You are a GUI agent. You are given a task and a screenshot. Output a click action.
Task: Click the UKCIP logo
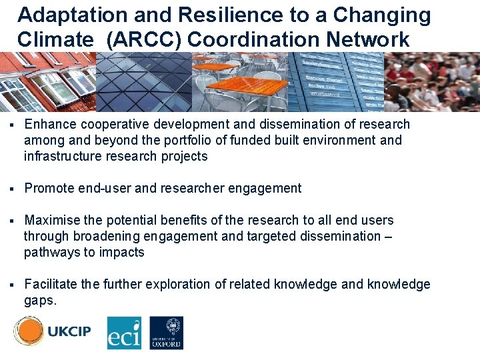click(53, 331)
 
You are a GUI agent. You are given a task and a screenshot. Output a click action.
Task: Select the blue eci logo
click(124, 333)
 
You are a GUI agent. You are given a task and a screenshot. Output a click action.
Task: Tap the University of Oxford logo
click(166, 333)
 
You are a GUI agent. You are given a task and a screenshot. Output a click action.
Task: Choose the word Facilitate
click(51, 285)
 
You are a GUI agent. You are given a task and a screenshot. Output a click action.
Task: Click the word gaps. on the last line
click(40, 301)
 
